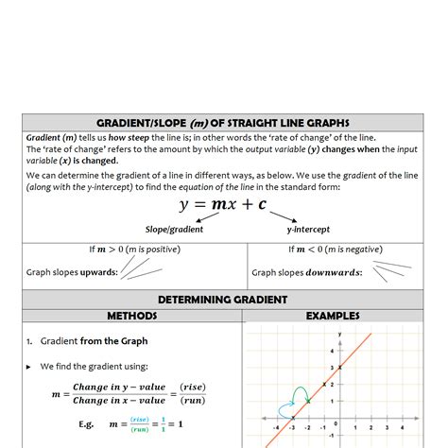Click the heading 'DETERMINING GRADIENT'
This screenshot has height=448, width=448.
point(223,300)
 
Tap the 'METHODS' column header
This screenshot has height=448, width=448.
point(131,316)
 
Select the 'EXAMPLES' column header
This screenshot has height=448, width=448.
point(334,316)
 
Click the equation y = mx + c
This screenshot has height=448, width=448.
point(223,205)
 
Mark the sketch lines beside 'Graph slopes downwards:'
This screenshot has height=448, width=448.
point(391,270)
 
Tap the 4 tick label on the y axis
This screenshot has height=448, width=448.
point(331,351)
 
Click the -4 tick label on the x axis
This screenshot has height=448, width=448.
point(276,426)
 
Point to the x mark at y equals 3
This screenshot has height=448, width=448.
point(340,369)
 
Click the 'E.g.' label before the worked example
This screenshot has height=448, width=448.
point(89,424)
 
